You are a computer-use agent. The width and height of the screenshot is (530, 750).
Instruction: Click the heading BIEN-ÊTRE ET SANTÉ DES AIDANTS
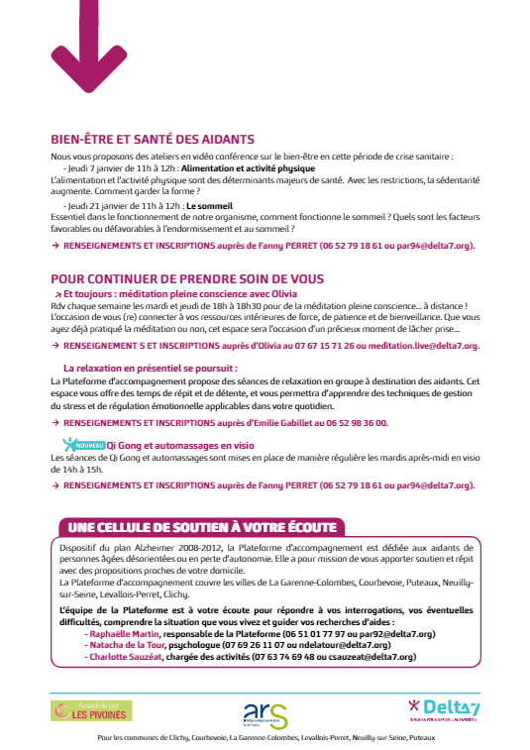click(x=153, y=140)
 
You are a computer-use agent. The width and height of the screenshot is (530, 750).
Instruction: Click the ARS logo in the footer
click(x=265, y=712)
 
